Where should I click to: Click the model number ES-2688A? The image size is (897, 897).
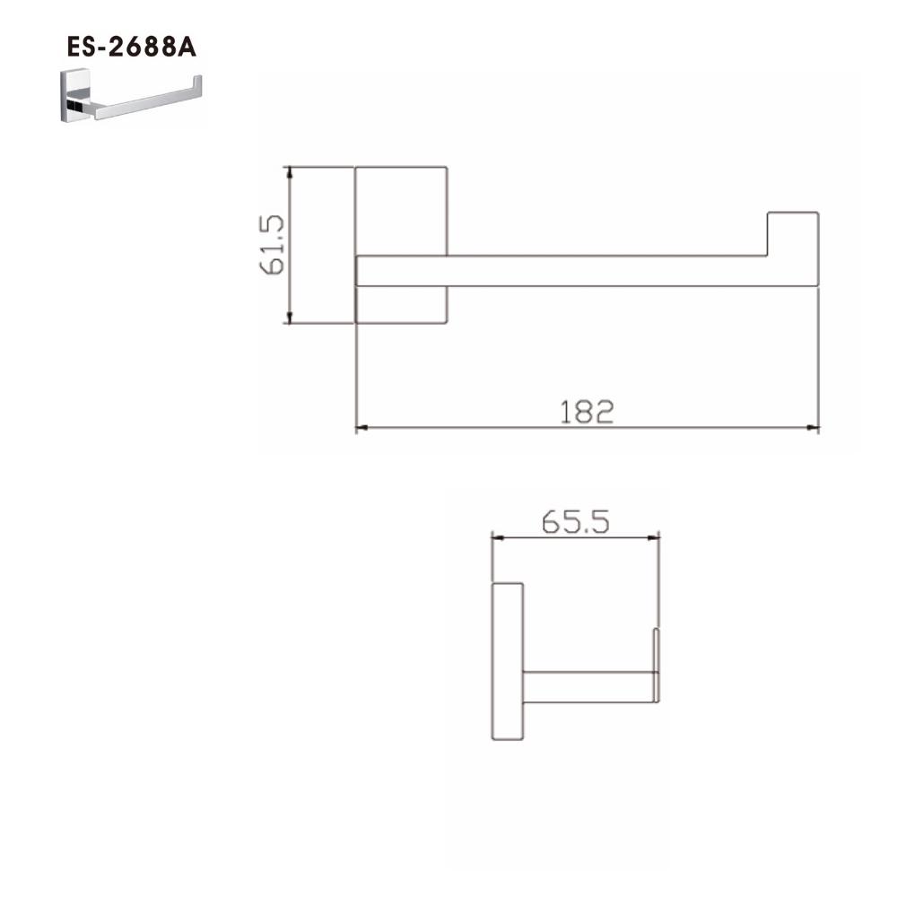click(132, 47)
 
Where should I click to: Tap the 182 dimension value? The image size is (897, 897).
click(587, 412)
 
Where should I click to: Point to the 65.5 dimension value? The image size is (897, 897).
click(576, 522)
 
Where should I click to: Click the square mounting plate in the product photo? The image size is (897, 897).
click(75, 96)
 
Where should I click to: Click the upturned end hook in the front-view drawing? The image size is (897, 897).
click(793, 234)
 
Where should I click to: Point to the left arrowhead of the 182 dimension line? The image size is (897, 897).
click(361, 427)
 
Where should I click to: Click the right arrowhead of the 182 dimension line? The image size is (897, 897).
click(813, 427)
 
